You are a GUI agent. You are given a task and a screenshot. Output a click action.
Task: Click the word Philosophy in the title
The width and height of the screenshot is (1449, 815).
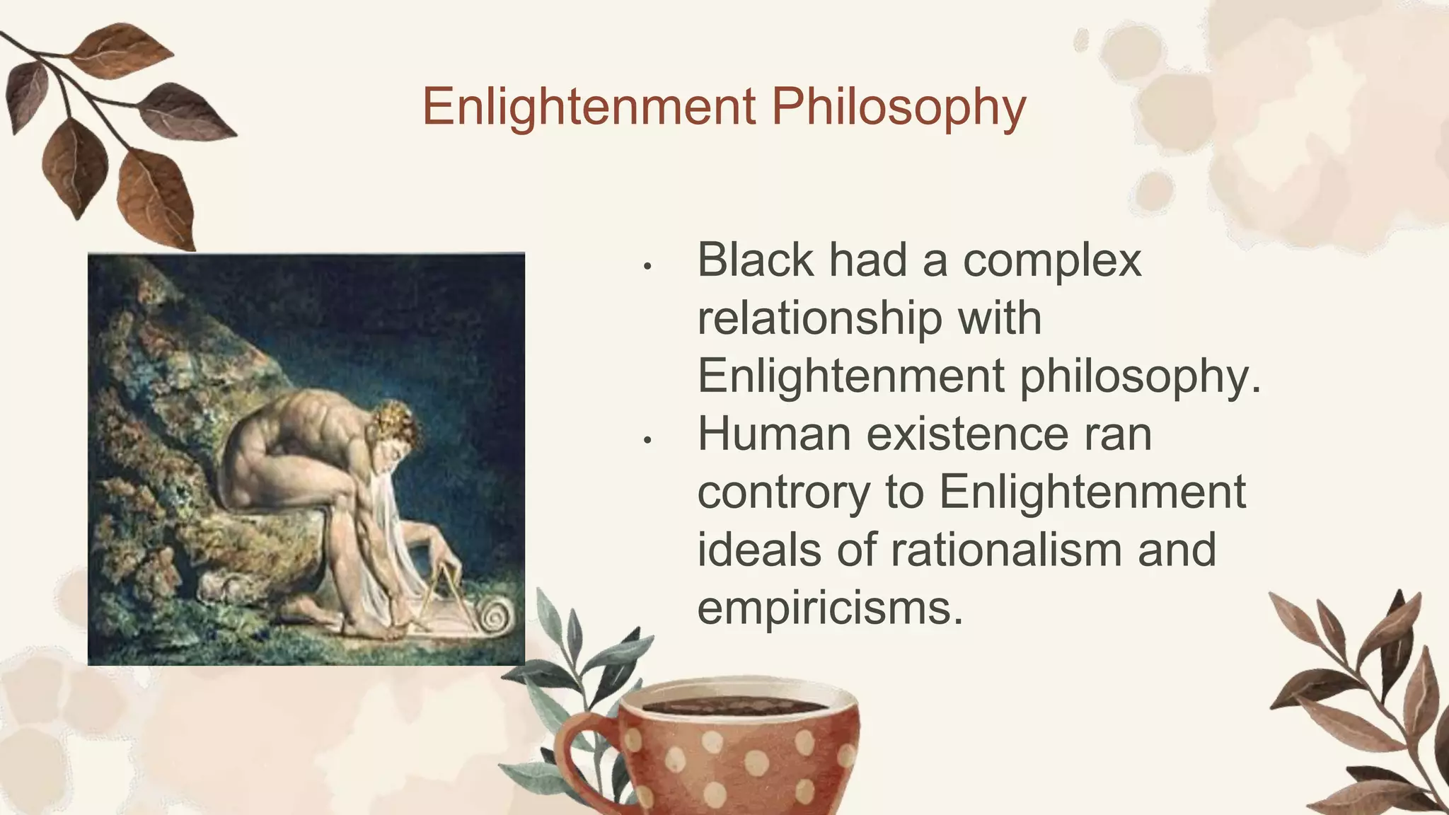pyautogui.click(x=898, y=107)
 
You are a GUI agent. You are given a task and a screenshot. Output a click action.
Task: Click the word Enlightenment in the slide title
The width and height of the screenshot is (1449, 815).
pyautogui.click(x=589, y=107)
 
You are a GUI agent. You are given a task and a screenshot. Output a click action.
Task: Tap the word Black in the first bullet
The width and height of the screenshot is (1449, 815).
pyautogui.click(x=755, y=260)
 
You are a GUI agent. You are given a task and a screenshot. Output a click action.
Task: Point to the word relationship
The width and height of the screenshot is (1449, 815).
pyautogui.click(x=819, y=319)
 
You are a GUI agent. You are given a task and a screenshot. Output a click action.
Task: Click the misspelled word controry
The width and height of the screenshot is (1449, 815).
pyautogui.click(x=783, y=493)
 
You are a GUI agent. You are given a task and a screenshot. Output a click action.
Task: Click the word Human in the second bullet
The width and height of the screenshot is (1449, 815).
pyautogui.click(x=773, y=434)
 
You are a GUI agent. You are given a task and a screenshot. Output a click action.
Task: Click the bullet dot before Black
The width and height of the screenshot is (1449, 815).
pyautogui.click(x=647, y=267)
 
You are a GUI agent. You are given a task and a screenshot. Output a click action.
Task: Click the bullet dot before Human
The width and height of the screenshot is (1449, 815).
pyautogui.click(x=647, y=441)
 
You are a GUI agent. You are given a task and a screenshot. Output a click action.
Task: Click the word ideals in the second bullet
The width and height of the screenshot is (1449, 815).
pyautogui.click(x=759, y=550)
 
